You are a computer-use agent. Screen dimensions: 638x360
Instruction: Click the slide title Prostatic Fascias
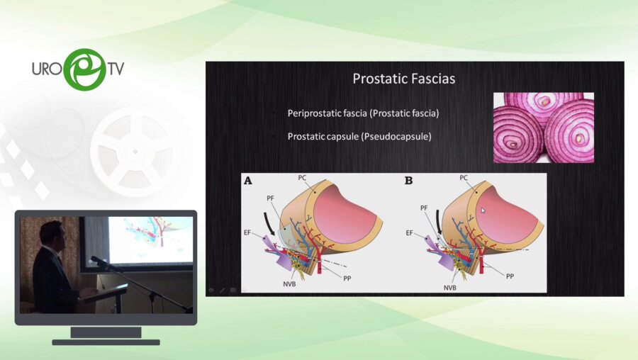[403, 79]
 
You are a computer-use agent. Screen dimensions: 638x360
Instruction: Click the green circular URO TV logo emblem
[84, 69]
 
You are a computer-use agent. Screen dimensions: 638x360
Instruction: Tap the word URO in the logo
[47, 69]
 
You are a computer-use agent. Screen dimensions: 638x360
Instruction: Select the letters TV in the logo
[116, 68]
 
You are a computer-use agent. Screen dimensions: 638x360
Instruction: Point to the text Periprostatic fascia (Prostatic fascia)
[363, 113]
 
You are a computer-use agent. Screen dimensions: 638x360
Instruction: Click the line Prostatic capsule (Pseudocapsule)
[359, 136]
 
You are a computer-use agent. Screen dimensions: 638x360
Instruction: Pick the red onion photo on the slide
[544, 128]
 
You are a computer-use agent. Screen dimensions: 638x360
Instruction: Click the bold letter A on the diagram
[248, 181]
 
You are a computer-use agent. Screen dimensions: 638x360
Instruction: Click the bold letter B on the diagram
[408, 181]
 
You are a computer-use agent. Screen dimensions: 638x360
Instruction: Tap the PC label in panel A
[302, 178]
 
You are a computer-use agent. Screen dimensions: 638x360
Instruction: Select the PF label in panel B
[424, 208]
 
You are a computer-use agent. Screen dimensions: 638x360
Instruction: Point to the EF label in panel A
[247, 232]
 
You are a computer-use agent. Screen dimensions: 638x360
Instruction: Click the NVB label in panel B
[449, 288]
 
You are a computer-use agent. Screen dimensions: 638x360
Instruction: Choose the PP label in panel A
[347, 279]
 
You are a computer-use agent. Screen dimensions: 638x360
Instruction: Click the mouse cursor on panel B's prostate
[483, 210]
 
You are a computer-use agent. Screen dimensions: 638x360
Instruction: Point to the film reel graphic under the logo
[135, 152]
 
